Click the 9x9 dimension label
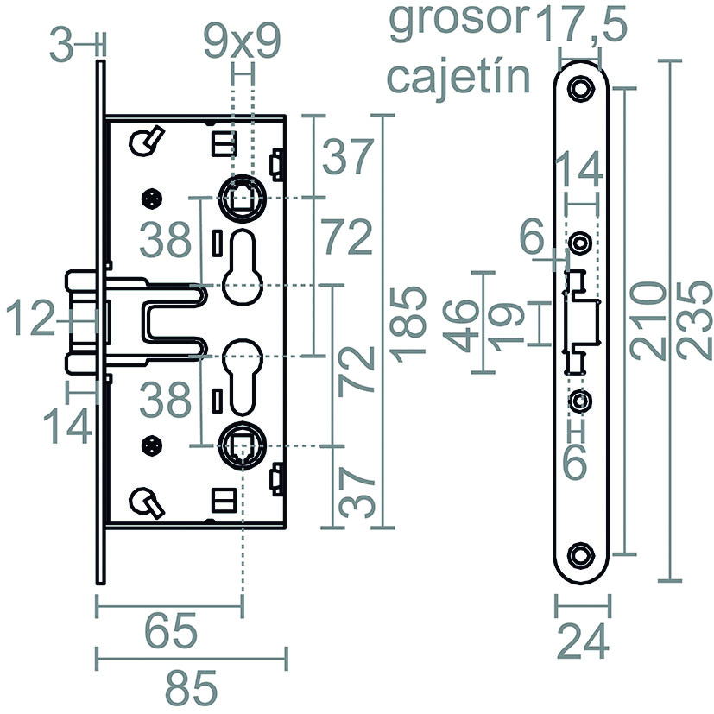click(242, 42)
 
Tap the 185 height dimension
click(409, 325)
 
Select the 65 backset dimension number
click(171, 632)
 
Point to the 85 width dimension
click(190, 687)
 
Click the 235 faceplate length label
click(694, 320)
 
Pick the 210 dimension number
click(648, 320)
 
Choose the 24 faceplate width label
click(583, 641)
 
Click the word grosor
click(458, 22)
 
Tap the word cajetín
click(458, 78)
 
